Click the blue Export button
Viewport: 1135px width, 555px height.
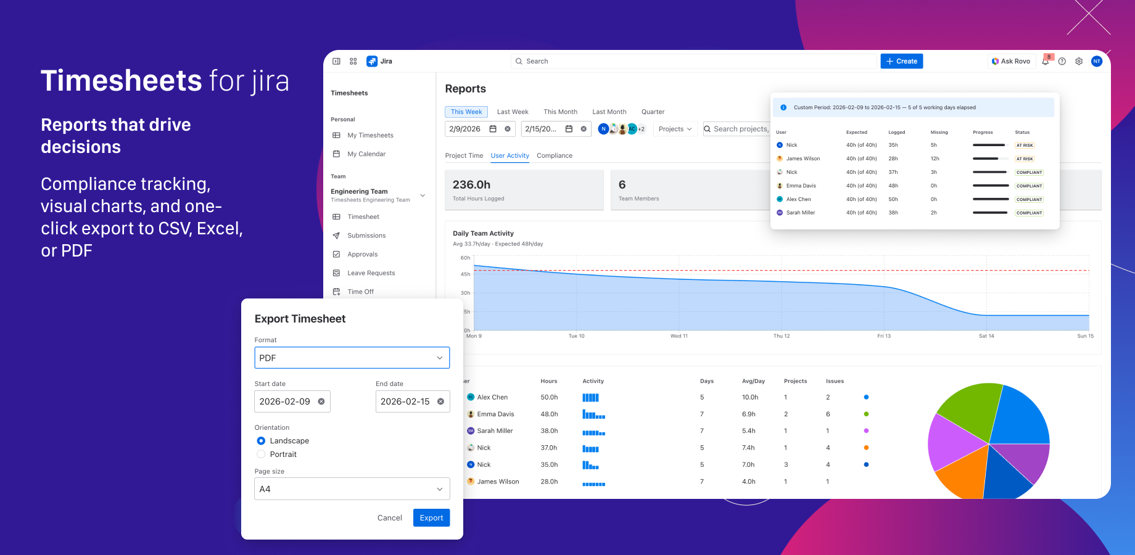click(431, 518)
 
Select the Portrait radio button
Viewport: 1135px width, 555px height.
click(261, 454)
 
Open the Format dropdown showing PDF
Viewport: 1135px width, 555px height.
click(352, 358)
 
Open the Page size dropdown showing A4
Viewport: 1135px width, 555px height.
click(352, 489)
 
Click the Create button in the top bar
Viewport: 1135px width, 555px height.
click(901, 61)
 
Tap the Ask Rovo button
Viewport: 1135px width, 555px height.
click(1010, 61)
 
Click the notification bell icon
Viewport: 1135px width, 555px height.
click(1046, 61)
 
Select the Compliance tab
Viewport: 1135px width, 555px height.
click(554, 155)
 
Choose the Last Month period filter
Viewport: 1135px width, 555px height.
click(609, 112)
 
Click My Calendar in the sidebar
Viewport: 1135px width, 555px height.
click(366, 154)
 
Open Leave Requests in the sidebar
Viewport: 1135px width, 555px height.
click(371, 273)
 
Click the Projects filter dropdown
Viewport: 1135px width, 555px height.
click(675, 129)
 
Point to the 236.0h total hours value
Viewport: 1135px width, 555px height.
click(471, 184)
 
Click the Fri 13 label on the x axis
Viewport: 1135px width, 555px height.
click(884, 336)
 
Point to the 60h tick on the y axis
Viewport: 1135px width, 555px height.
click(465, 258)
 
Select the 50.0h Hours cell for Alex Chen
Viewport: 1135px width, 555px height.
click(549, 397)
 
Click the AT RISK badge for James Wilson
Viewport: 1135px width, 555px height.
click(1025, 159)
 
